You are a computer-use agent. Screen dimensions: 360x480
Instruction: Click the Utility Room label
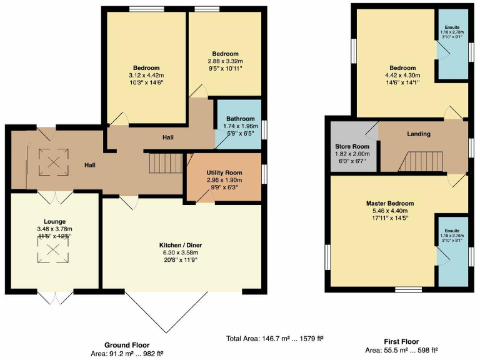[224, 172]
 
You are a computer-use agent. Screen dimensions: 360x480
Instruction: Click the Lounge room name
[54, 221]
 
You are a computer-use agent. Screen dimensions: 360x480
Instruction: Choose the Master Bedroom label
[390, 203]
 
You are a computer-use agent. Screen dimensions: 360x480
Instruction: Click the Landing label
[419, 134]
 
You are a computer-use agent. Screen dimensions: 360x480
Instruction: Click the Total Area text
[274, 339]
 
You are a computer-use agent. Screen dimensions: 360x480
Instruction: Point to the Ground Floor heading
[127, 345]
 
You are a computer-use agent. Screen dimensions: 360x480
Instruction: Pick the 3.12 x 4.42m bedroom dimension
[146, 76]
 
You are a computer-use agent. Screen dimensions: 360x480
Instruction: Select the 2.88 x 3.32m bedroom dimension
[224, 61]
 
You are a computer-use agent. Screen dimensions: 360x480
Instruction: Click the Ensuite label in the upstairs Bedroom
[451, 27]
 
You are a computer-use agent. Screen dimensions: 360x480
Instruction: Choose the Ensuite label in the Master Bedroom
[451, 232]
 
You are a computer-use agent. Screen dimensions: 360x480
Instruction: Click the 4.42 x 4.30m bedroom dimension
[402, 76]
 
